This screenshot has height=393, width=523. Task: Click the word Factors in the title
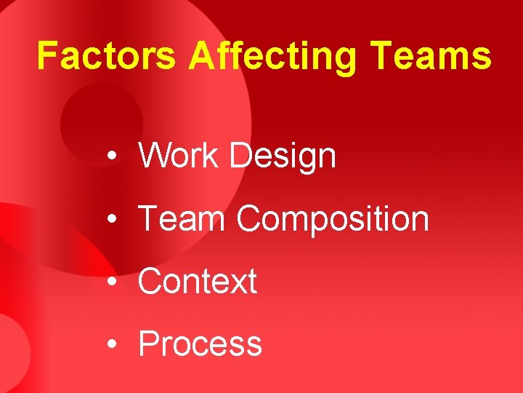coord(106,56)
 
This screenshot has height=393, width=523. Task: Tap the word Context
coord(198,282)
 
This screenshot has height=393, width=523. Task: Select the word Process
coord(200,344)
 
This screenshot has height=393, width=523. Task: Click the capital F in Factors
coord(47,56)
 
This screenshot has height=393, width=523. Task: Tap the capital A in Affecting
coord(200,56)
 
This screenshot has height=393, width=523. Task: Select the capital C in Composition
coord(249,218)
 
